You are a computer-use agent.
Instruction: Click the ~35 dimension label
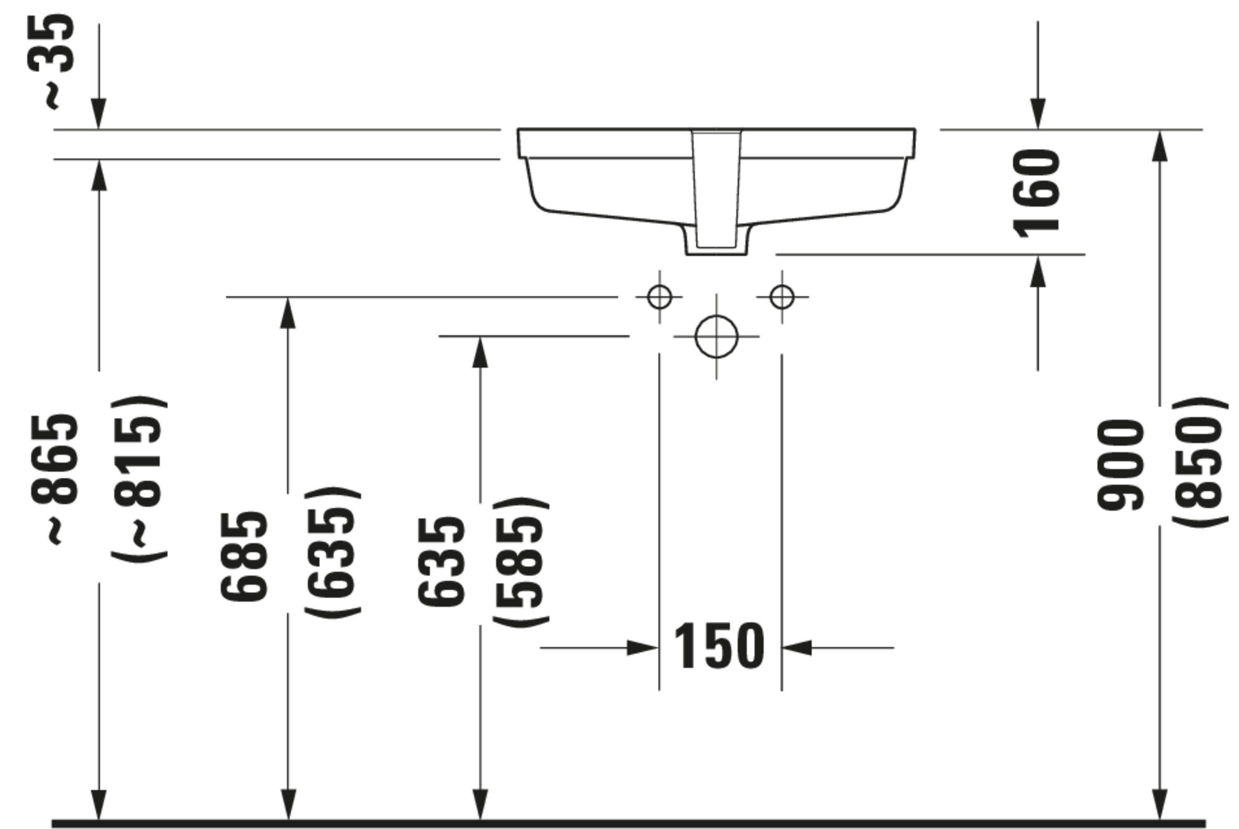coord(51,62)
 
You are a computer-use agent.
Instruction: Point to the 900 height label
coord(1120,465)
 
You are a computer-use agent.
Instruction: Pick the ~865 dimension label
coord(54,479)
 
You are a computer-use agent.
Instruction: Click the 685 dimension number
coord(244,557)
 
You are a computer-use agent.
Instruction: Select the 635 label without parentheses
coord(441,562)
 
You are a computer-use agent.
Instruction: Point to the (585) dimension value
coord(521,562)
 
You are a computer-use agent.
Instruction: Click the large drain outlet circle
coord(717,336)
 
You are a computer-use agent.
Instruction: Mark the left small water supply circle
coord(660,297)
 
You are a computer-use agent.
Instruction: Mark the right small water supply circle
coord(782,297)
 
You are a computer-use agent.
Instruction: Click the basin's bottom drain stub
coord(717,240)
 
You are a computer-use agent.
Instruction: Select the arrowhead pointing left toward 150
coord(797,648)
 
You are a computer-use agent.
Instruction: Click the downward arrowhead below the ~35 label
coord(99,114)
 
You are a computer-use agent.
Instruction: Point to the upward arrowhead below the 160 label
coord(1038,271)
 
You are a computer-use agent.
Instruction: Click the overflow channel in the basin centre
coord(717,189)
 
